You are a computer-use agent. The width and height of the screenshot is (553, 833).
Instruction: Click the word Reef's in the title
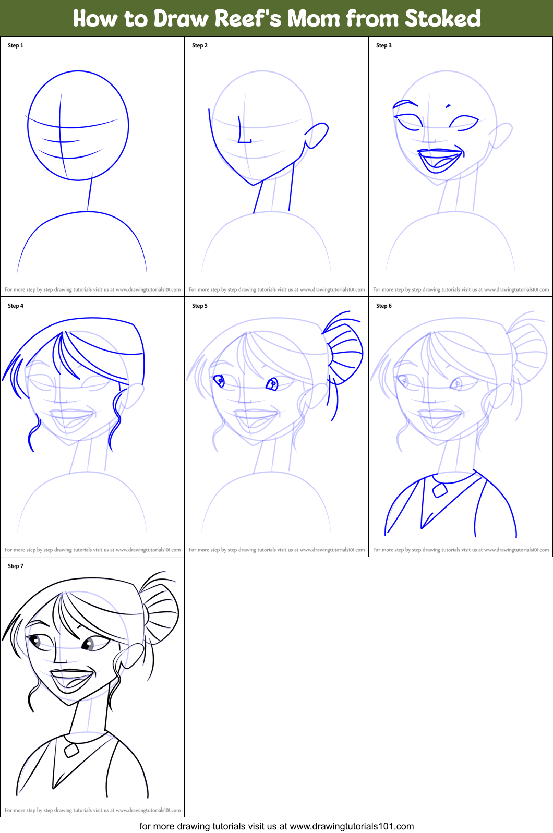(x=248, y=19)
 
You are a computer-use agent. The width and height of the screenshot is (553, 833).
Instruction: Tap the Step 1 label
(x=16, y=45)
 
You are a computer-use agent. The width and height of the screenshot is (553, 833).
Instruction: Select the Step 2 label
(x=200, y=45)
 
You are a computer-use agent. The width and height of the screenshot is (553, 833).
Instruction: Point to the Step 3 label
(x=384, y=45)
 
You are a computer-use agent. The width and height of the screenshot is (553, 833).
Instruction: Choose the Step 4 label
(x=16, y=306)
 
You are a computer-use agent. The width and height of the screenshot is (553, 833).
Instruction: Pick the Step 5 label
(x=200, y=306)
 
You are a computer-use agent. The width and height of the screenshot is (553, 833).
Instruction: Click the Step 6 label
(x=384, y=306)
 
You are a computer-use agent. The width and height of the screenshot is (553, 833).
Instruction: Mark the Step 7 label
(x=16, y=566)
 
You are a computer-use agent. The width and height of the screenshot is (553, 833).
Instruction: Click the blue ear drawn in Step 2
(x=317, y=135)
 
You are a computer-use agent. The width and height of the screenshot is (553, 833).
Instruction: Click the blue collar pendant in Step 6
(x=440, y=490)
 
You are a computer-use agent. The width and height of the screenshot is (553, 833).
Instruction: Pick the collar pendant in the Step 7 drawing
(x=71, y=750)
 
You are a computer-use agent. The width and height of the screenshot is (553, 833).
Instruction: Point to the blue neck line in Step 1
(x=90, y=194)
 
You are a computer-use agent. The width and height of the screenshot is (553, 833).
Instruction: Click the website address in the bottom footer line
(x=352, y=826)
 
